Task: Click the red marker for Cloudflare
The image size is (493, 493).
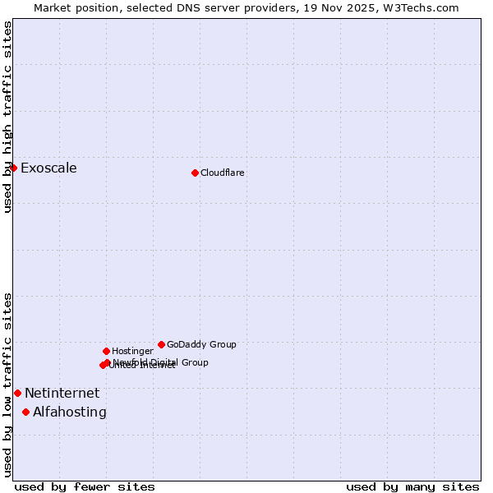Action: tap(195, 173)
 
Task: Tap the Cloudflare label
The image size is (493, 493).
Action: tap(222, 173)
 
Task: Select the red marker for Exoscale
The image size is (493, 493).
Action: tap(13, 168)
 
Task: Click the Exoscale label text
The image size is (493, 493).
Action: tap(48, 168)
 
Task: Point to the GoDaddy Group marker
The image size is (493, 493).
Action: tap(161, 344)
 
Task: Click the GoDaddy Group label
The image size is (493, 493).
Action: tap(201, 345)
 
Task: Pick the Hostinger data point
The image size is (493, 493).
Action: tap(106, 351)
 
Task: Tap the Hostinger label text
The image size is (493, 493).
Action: tap(132, 352)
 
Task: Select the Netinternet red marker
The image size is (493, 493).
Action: tap(17, 393)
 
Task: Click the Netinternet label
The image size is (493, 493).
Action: tap(62, 394)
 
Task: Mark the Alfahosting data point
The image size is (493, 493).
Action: tap(25, 412)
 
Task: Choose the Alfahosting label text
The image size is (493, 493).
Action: tap(70, 412)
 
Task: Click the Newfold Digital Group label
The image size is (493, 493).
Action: tap(162, 362)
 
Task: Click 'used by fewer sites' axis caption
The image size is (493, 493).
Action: tap(85, 486)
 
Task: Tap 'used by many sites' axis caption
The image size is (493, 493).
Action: tap(412, 486)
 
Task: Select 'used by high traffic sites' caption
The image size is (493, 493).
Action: tap(7, 117)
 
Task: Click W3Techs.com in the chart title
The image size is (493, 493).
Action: tap(422, 7)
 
